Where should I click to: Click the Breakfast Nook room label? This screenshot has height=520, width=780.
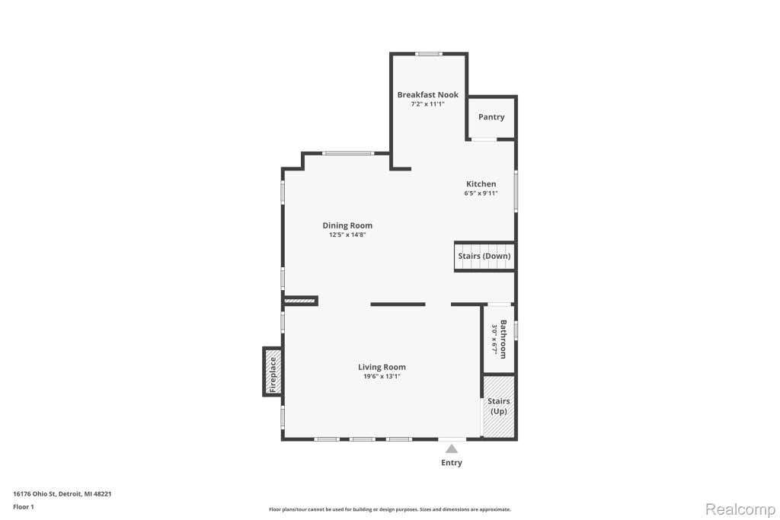click(428, 94)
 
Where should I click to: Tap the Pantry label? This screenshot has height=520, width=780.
click(491, 117)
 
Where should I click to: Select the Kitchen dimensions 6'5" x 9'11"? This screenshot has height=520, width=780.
click(481, 193)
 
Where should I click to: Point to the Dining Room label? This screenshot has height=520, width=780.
click(347, 225)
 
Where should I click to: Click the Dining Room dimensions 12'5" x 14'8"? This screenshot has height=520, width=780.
click(347, 234)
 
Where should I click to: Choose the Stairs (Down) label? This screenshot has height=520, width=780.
click(484, 256)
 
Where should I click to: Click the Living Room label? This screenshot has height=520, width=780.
click(382, 368)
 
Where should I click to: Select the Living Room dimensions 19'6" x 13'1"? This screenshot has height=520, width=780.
click(382, 376)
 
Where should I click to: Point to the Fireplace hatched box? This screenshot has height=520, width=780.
click(272, 372)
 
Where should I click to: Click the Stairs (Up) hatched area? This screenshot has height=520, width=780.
click(498, 407)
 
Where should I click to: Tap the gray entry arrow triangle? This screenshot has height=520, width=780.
click(451, 449)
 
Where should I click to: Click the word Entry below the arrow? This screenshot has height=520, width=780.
click(452, 463)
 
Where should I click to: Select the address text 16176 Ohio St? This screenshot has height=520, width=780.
click(34, 494)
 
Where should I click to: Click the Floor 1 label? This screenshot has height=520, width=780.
click(24, 507)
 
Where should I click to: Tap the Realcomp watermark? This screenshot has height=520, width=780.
click(740, 509)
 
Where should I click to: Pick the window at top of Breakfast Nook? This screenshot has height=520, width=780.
click(429, 54)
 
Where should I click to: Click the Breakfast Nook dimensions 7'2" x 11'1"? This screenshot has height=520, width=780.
click(428, 104)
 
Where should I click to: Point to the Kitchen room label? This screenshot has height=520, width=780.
click(481, 184)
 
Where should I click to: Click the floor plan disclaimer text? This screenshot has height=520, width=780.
click(390, 509)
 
